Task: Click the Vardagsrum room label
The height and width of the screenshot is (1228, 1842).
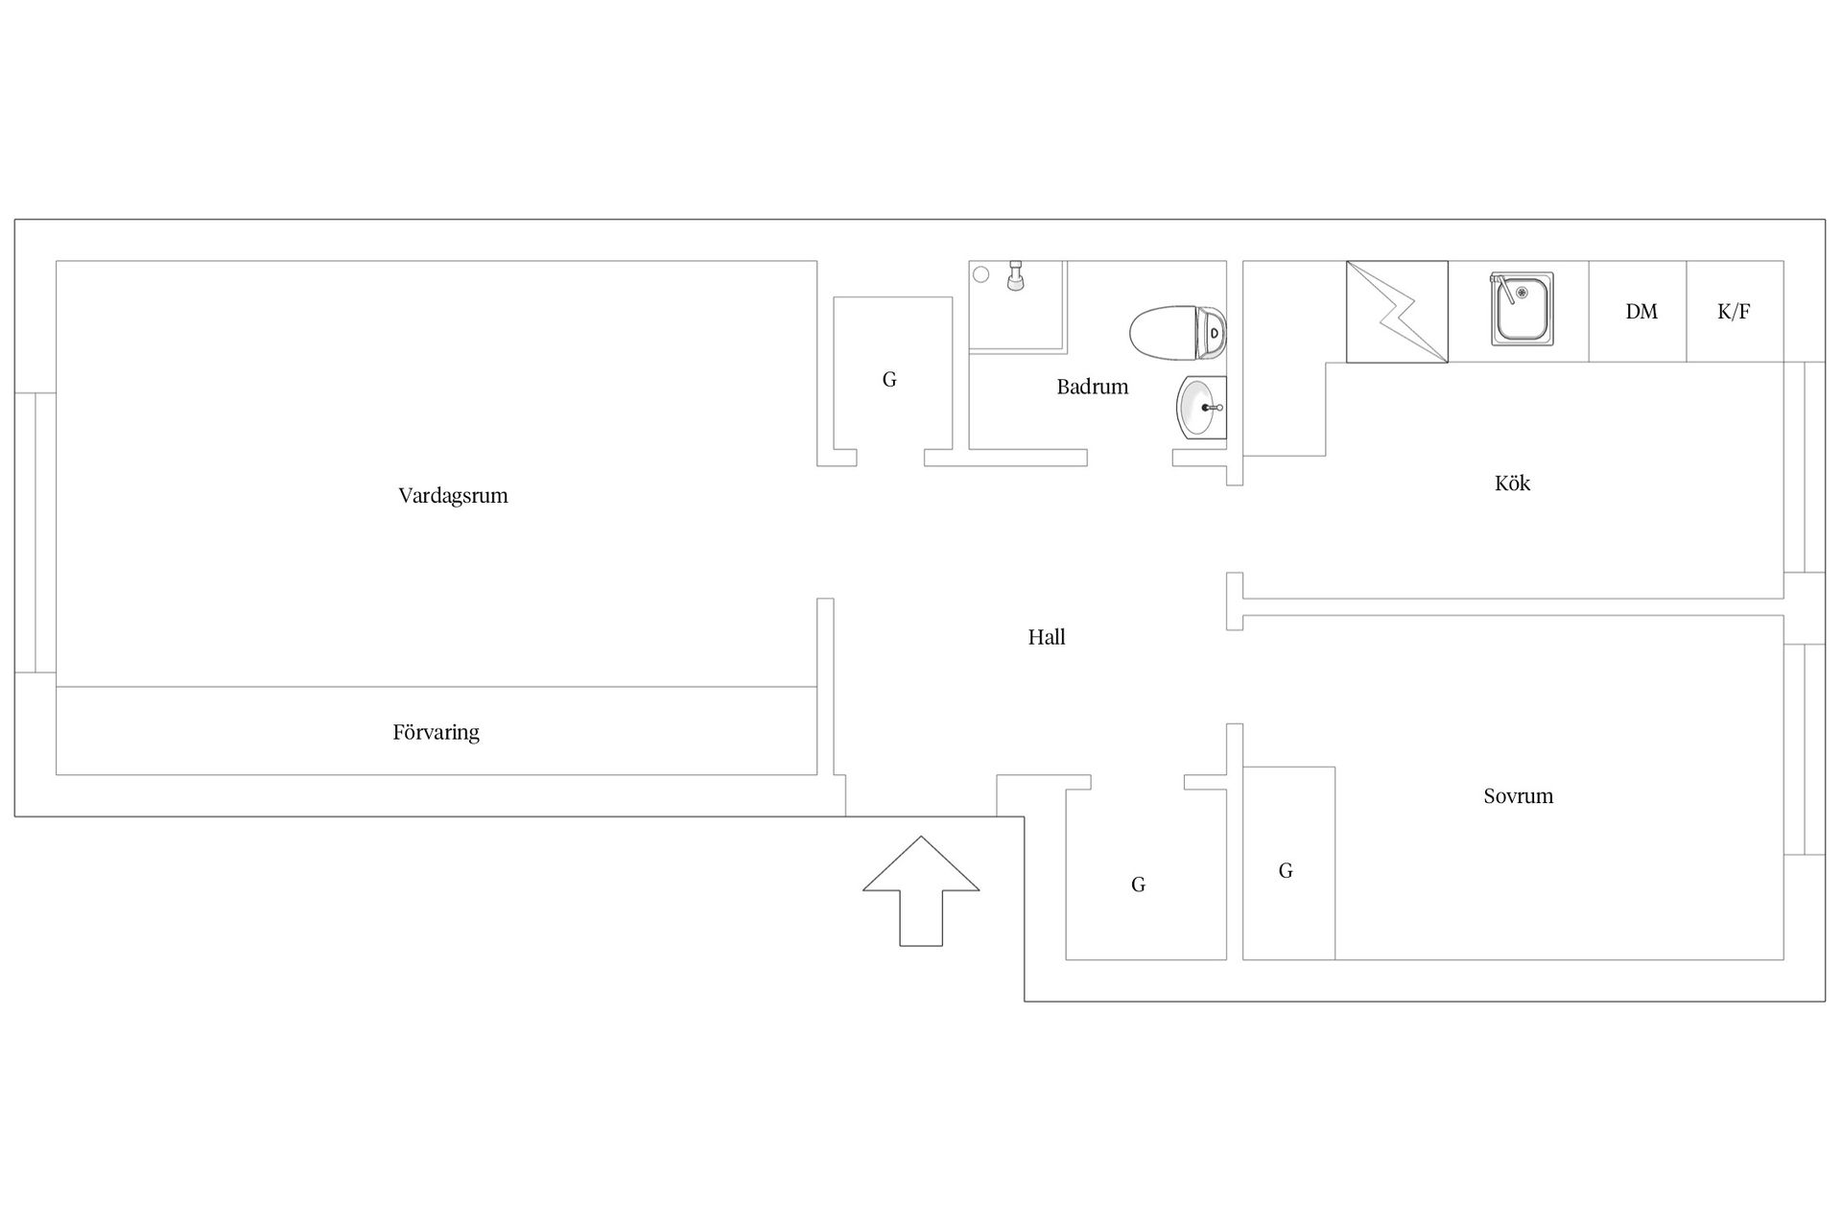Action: [453, 496]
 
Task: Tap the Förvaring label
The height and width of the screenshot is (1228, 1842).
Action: [436, 732]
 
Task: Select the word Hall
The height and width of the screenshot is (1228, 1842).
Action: [1047, 637]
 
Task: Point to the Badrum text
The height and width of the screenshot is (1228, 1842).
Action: [1093, 387]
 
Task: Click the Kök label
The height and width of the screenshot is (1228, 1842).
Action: [1513, 483]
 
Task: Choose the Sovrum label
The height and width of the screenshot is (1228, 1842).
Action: [1518, 795]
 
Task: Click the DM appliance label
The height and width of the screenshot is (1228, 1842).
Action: [1641, 311]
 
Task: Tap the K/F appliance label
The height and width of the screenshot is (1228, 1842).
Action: [1734, 311]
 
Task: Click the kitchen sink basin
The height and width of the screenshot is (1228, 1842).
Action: [1522, 308]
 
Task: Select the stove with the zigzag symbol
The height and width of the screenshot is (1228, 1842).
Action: [1397, 312]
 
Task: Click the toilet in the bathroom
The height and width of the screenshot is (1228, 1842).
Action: [1178, 333]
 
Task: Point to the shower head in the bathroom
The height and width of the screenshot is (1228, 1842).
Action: [1015, 276]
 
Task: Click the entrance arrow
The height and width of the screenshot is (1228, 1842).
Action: [921, 890]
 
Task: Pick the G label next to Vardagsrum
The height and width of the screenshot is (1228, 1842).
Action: [889, 380]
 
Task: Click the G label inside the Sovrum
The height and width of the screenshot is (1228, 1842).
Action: [1286, 871]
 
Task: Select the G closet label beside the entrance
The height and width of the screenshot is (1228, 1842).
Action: [1138, 885]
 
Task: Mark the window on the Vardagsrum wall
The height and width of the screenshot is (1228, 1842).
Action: [35, 532]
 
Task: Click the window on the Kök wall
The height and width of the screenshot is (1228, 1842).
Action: [1805, 467]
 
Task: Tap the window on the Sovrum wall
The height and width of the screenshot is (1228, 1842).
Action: [1805, 749]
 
